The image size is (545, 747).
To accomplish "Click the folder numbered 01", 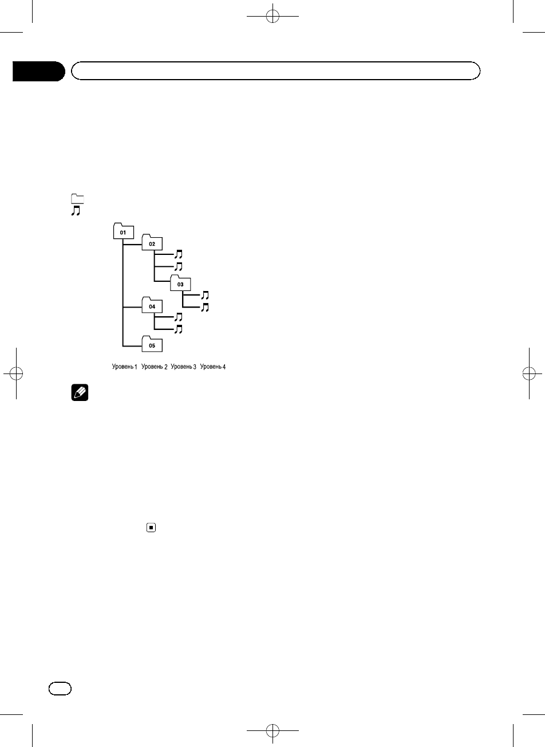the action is coord(123,232).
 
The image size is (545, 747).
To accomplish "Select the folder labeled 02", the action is coord(152,243).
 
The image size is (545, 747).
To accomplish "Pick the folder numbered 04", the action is coord(152,306).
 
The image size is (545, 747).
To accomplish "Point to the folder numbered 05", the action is coord(152,345).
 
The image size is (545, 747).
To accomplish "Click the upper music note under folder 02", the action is coord(178,254).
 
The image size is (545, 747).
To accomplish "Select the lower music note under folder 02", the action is coord(178,266).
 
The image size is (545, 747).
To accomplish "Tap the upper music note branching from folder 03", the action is coord(206,296).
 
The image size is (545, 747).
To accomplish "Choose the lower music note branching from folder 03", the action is coord(206,308).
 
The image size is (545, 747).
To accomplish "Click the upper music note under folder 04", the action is coord(178,317).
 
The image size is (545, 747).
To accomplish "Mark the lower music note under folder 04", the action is coord(178,329).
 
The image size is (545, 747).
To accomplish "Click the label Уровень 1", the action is coord(124,367).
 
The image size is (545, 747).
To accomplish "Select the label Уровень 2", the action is coord(154,367).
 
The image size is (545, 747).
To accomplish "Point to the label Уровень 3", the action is coord(183,367).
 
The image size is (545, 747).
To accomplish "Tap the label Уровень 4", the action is coord(213,367).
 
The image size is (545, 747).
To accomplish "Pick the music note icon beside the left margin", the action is coord(76,211).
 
